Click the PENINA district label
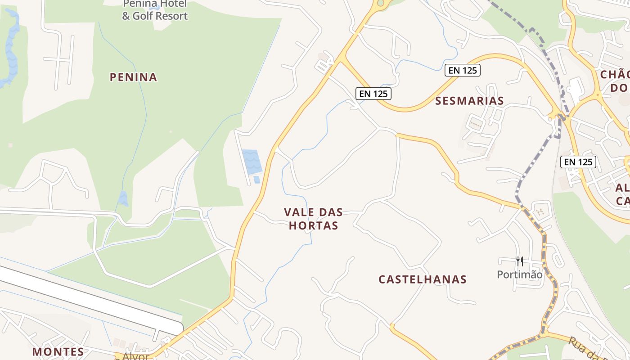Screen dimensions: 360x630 point(134,77)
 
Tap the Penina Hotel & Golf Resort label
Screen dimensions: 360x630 point(155,11)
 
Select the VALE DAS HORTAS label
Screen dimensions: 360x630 point(313,219)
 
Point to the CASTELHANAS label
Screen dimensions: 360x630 point(422,279)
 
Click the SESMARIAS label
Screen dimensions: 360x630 point(469,101)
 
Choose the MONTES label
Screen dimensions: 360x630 point(58,351)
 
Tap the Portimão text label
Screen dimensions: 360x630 point(519,274)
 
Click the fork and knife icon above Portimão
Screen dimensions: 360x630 point(519,261)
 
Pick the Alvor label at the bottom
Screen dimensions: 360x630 point(135,356)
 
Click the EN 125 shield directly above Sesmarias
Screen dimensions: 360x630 point(463,70)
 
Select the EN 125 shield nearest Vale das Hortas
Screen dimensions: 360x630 point(373,94)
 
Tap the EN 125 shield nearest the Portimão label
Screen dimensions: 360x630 point(578,162)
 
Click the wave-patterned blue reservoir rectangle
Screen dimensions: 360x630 point(252,161)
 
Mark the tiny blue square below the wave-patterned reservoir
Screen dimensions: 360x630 point(256,180)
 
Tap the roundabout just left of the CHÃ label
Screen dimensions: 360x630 point(598,95)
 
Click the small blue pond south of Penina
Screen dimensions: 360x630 point(123,198)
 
